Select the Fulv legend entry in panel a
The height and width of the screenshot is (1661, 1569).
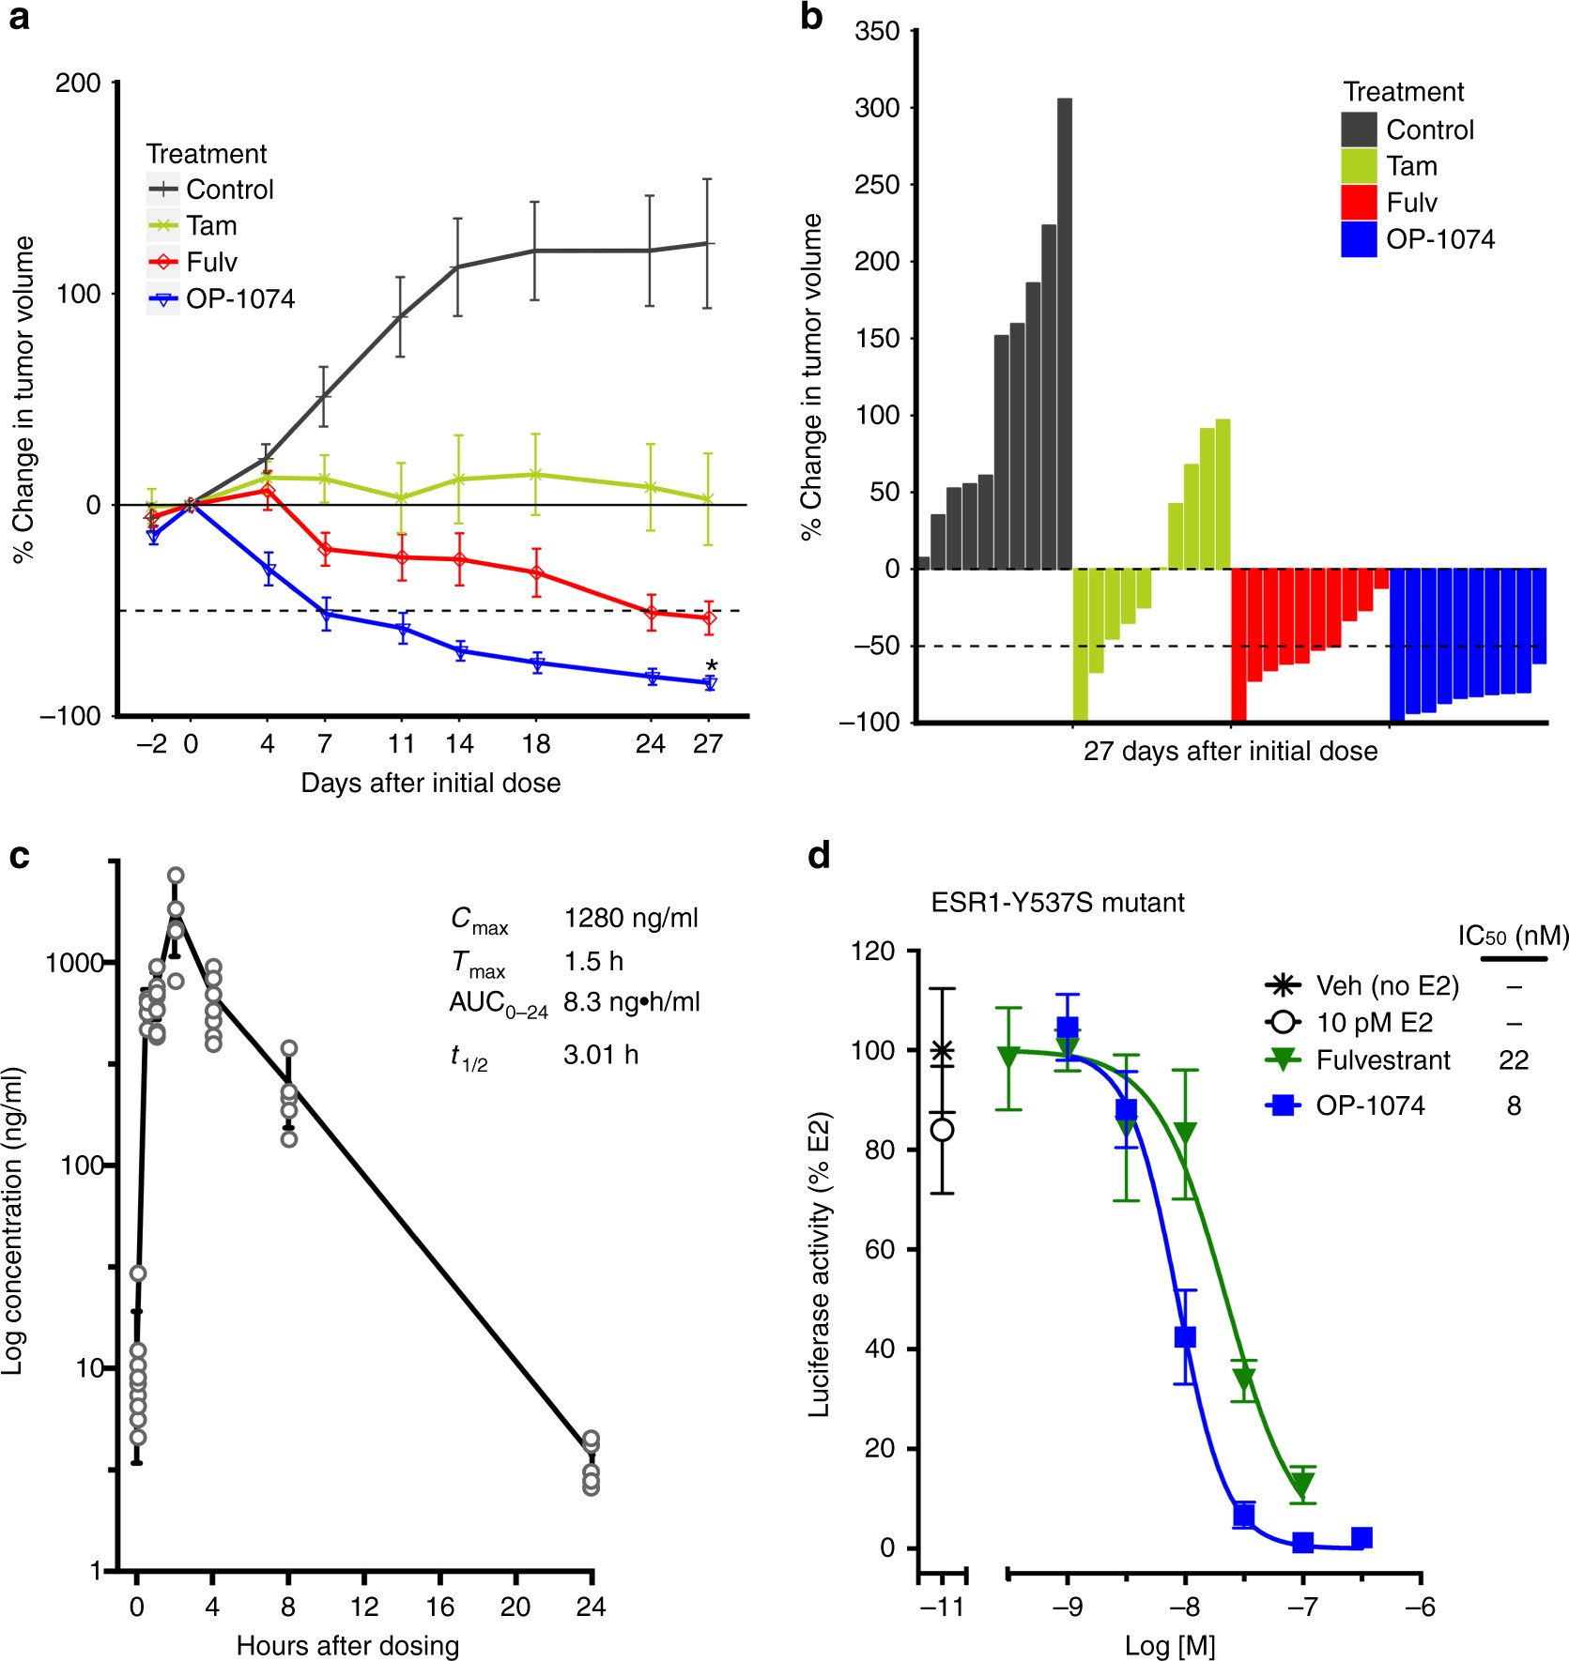(211, 262)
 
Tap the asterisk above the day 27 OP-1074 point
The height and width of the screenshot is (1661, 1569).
(712, 666)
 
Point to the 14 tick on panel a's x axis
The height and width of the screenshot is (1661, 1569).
(458, 744)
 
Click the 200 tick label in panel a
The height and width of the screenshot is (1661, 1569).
(78, 84)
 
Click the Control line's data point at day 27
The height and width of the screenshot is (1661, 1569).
(707, 244)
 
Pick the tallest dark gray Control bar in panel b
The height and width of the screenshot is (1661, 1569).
(1064, 333)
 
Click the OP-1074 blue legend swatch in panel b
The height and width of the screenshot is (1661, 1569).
(1359, 240)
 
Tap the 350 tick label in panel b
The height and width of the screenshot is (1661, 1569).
(877, 32)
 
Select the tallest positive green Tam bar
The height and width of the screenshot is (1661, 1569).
(1223, 494)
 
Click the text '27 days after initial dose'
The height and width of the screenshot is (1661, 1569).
(1230, 752)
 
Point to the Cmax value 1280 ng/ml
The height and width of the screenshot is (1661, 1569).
(631, 918)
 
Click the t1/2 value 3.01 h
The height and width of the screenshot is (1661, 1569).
(601, 1055)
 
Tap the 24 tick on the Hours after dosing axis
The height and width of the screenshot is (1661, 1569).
(591, 1608)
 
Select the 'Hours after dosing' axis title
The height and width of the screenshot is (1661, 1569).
(347, 1645)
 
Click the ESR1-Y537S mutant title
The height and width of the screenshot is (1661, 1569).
(1057, 903)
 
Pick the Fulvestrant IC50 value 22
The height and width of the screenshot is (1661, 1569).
(1514, 1060)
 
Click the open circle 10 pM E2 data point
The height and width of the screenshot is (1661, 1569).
(943, 1129)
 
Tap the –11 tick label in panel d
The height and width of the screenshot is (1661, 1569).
(942, 1608)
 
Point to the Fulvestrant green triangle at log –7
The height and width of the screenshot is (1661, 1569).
(1302, 1485)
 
